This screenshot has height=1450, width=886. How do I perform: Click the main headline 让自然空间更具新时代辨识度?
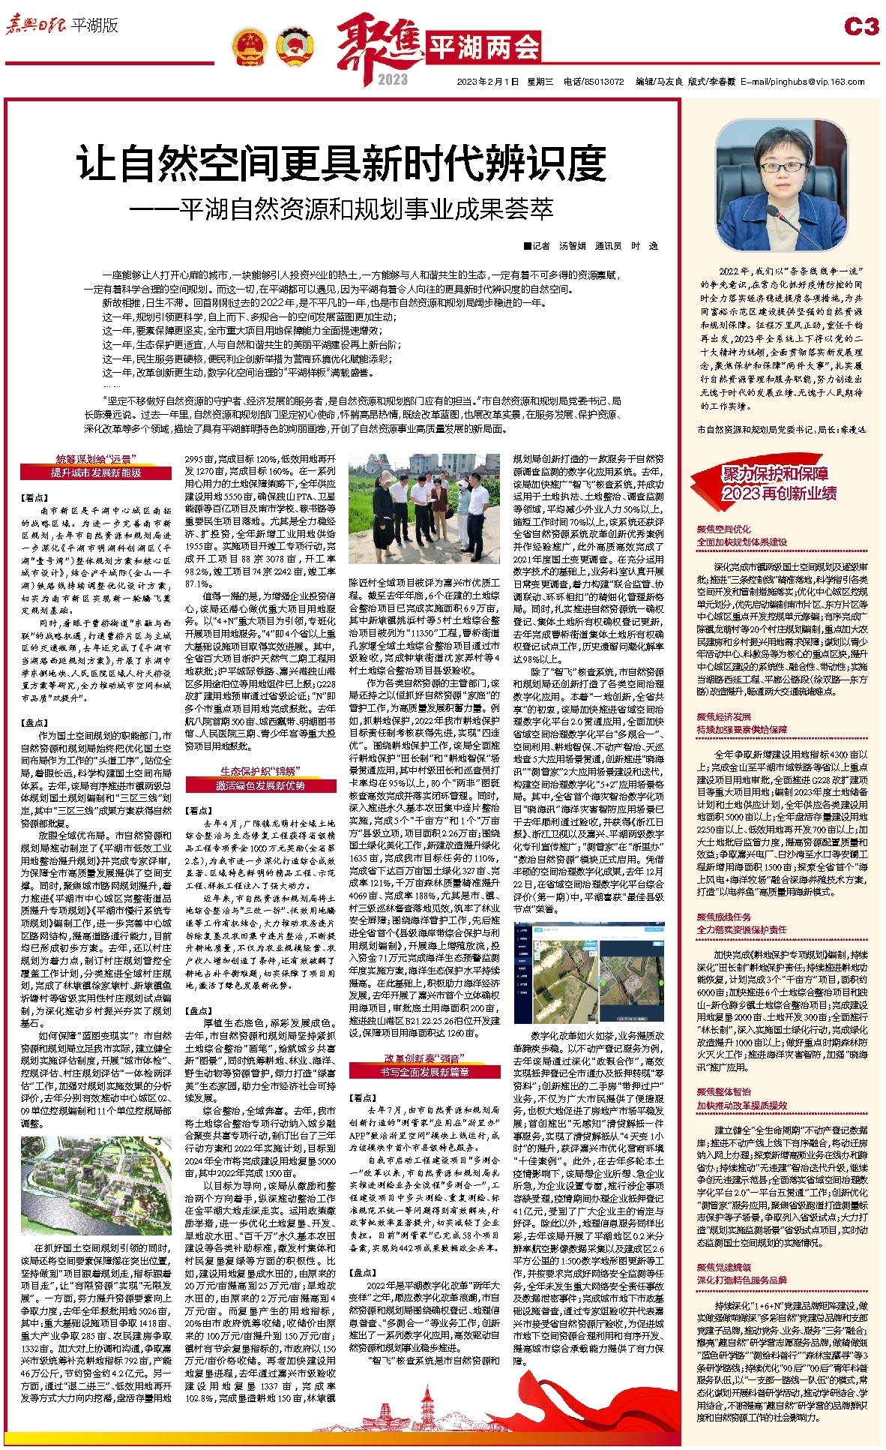click(342, 164)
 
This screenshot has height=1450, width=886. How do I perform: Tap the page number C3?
click(861, 27)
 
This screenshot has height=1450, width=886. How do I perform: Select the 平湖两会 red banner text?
click(483, 49)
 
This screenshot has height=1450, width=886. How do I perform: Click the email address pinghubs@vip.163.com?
click(802, 83)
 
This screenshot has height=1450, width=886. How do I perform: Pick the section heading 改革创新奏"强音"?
click(424, 1058)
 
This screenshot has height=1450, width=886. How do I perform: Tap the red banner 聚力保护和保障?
click(777, 473)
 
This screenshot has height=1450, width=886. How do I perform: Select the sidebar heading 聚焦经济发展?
click(723, 716)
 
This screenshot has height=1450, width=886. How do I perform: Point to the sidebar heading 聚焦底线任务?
click(723, 917)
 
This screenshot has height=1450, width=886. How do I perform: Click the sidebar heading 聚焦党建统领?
click(723, 1268)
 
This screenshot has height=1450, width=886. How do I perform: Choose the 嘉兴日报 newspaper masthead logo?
click(35, 26)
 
